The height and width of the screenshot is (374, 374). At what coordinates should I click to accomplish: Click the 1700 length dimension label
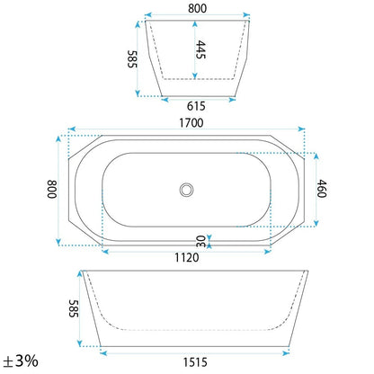pos(191,123)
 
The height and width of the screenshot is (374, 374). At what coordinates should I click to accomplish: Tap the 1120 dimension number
pos(187,257)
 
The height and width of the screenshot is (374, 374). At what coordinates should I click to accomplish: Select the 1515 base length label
pos(195,362)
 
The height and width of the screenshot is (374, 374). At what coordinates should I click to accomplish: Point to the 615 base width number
pos(196,106)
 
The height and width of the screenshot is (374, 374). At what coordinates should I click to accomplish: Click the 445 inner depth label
pos(200,49)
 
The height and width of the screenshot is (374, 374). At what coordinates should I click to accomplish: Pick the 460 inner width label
pos(322,189)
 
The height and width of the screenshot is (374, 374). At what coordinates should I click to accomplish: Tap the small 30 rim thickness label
pos(200,242)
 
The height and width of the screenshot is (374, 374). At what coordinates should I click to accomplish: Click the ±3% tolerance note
pos(21,361)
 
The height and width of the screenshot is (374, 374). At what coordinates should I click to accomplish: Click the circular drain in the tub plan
pos(186,190)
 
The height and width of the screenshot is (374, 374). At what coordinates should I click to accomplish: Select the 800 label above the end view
pos(197,8)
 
